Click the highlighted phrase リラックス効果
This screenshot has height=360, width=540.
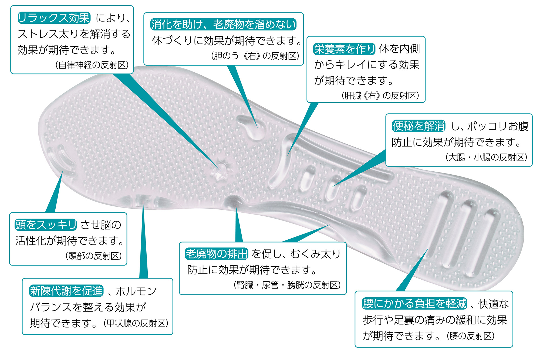54,18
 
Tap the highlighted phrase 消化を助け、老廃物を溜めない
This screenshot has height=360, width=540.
223,24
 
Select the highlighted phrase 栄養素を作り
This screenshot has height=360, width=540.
344,49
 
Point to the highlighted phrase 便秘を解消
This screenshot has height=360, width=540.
418,126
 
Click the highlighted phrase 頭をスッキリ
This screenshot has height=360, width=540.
46,225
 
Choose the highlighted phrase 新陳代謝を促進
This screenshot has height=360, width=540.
66,291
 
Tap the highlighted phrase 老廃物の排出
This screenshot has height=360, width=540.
216,254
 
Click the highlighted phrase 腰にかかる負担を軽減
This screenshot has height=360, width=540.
414,304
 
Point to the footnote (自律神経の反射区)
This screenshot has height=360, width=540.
92,65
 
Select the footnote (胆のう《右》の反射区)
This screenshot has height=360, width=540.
255,56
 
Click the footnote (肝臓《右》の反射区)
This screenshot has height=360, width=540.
380,96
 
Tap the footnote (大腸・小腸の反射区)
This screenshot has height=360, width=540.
486,157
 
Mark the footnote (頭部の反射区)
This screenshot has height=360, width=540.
93,256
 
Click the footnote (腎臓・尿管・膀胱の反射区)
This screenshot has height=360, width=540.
287,285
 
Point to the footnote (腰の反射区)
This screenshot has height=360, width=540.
471,336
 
